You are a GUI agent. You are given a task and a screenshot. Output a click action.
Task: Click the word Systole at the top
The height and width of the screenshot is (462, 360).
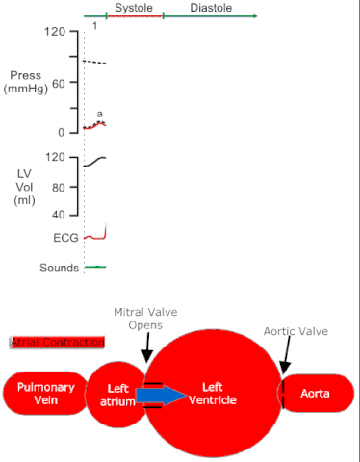click(x=133, y=7)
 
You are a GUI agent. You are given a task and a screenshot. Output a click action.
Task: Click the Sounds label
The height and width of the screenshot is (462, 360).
click(x=59, y=268)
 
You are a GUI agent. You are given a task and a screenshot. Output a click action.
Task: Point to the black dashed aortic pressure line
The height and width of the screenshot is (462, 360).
click(x=94, y=63)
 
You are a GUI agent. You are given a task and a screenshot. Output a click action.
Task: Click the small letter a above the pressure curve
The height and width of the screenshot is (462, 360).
click(x=99, y=114)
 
